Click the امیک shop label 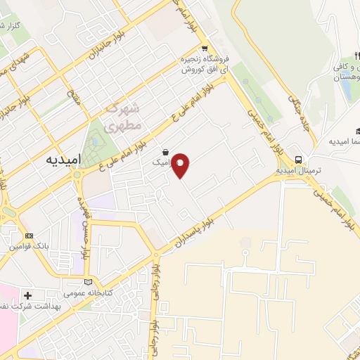click(x=161, y=162)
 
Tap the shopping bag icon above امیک click(x=165, y=152)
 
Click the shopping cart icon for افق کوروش click(x=204, y=49)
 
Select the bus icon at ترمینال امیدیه click(x=299, y=160)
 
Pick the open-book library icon click(x=87, y=282)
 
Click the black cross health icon click(x=28, y=296)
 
